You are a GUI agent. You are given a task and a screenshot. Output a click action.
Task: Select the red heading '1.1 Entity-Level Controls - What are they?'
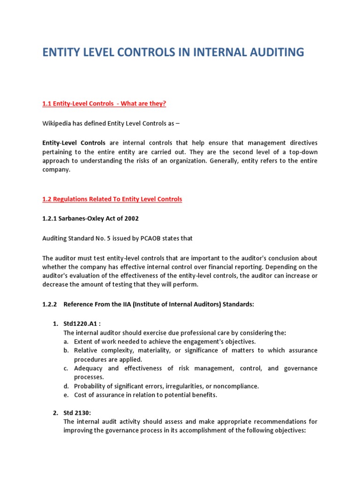pos(104,104)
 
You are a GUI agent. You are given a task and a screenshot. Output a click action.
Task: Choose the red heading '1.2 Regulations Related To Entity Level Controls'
pos(112,199)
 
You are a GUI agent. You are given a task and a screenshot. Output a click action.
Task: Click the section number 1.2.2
pos(49,304)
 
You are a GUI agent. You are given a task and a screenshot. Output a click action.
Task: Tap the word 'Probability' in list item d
pos(90,386)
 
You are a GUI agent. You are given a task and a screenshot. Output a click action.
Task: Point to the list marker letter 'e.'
pos(66,395)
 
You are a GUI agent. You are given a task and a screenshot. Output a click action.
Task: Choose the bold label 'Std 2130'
pos(77,412)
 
